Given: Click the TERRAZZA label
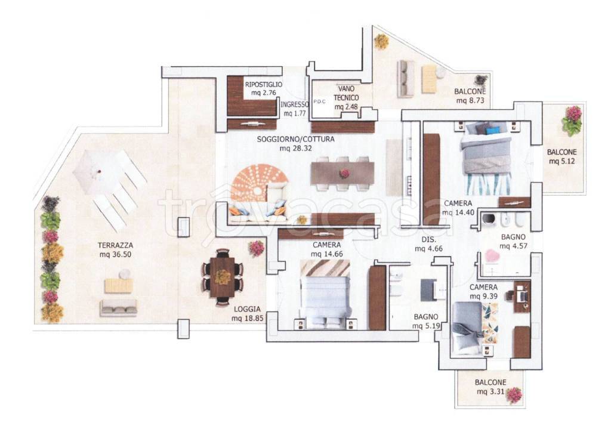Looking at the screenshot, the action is click(115, 245).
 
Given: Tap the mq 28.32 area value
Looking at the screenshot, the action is click(296, 148).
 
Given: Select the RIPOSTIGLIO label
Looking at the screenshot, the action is click(263, 85).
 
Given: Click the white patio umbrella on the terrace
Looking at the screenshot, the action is click(100, 172).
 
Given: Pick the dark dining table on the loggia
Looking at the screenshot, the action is click(223, 277).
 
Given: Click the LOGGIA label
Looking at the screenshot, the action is click(247, 309).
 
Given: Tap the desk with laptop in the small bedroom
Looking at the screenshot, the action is click(521, 296).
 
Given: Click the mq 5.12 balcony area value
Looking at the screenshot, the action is click(561, 161).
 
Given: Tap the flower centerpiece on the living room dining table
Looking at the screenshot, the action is click(344, 174).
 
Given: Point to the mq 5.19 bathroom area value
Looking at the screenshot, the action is click(426, 326).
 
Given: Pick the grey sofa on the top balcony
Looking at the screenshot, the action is click(406, 79).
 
